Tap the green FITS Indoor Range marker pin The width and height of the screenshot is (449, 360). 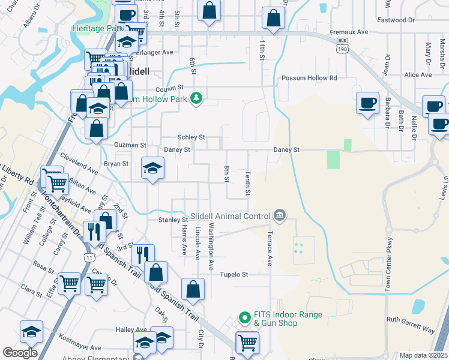(244, 318)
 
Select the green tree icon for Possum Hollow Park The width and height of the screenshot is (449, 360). (196, 98)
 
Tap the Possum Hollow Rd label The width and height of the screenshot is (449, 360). (309, 78)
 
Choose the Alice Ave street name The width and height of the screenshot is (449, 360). (418, 75)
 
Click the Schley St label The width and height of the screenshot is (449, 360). (191, 137)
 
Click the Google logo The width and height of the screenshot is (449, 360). (20, 353)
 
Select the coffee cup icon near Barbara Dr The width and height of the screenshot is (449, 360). (367, 103)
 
